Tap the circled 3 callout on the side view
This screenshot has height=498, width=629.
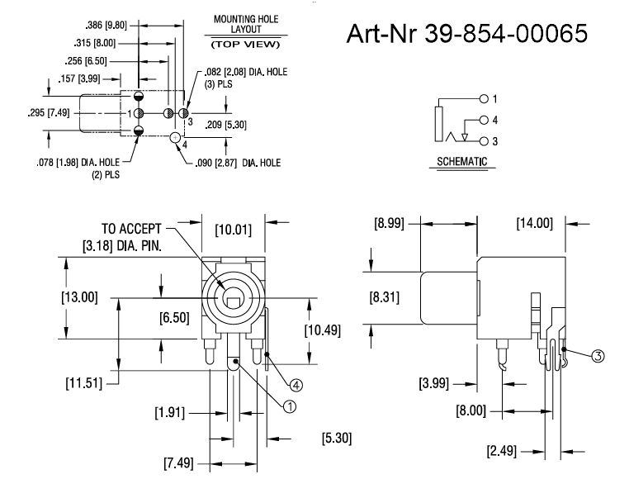click(x=598, y=355)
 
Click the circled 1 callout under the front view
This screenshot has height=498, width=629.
click(x=289, y=406)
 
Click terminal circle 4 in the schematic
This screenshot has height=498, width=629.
click(x=485, y=120)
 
